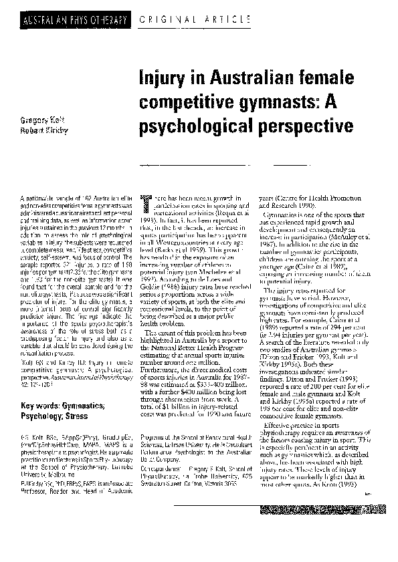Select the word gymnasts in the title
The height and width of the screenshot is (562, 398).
pos(262,103)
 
